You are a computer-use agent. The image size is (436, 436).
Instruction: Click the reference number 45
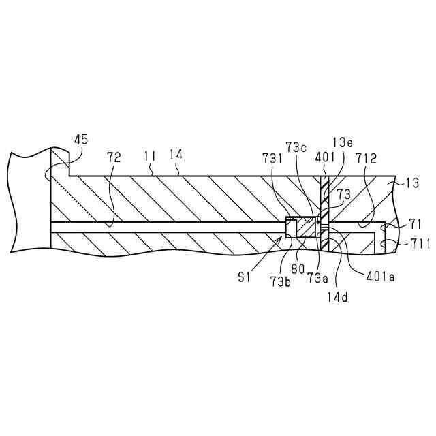click(80, 140)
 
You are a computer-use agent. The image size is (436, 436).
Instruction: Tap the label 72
click(114, 157)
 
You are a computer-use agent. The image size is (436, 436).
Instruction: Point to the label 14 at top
click(176, 155)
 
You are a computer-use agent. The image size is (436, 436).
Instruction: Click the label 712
click(367, 158)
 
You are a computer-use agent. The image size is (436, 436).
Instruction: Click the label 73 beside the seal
click(344, 195)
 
